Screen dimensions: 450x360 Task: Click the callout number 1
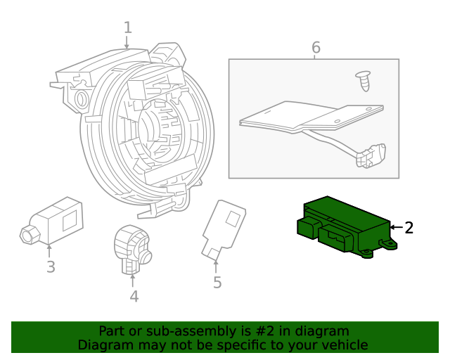tap(128, 28)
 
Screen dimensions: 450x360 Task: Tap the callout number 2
tap(409, 228)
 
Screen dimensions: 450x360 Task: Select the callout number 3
tap(51, 266)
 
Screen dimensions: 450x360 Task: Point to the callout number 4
tap(134, 296)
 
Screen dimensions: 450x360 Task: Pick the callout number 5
tap(217, 282)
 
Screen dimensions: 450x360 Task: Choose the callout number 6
tap(316, 47)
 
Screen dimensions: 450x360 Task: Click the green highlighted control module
tap(347, 227)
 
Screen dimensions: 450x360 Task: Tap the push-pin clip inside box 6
tap(364, 81)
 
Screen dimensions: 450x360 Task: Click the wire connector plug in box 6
tap(371, 156)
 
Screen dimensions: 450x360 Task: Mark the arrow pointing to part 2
tap(397, 227)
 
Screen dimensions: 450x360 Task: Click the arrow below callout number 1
tap(127, 42)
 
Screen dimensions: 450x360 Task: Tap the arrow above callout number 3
tap(49, 250)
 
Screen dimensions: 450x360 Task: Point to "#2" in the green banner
tap(266, 331)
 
